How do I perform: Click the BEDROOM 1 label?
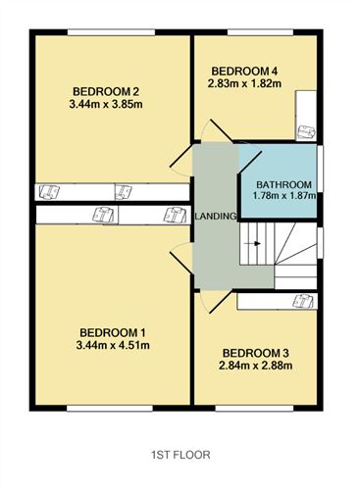click(x=113, y=333)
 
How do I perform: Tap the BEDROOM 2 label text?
click(x=106, y=91)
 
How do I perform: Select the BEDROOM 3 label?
click(x=255, y=353)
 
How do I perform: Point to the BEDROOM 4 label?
click(x=244, y=71)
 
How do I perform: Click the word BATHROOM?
click(x=283, y=184)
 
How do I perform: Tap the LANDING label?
click(x=216, y=216)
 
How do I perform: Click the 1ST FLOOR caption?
click(x=180, y=455)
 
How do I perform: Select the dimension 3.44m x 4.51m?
click(x=113, y=345)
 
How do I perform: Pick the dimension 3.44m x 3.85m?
click(x=106, y=104)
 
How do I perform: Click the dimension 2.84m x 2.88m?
click(x=255, y=366)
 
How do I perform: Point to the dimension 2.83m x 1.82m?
click(x=244, y=83)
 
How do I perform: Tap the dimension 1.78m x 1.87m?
click(x=284, y=196)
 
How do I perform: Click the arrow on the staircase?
click(x=253, y=243)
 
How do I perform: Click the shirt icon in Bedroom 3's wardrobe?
click(x=303, y=301)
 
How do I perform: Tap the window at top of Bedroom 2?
click(x=111, y=32)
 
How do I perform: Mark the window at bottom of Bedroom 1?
click(x=110, y=408)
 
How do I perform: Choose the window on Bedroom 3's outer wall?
click(x=254, y=408)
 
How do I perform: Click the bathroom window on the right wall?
click(x=321, y=168)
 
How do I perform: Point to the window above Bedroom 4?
click(x=260, y=32)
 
